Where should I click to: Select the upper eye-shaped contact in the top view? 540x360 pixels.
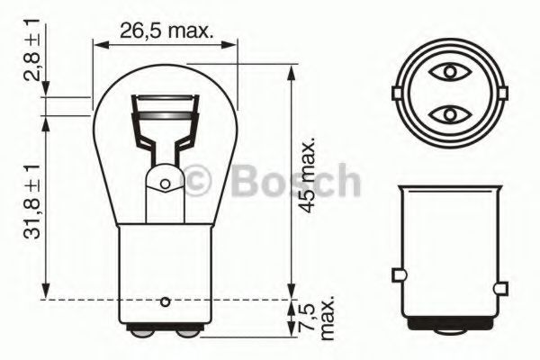tap(447, 70)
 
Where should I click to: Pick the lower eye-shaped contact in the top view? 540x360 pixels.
tap(447, 114)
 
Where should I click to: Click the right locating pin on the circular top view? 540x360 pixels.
tap(498, 93)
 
